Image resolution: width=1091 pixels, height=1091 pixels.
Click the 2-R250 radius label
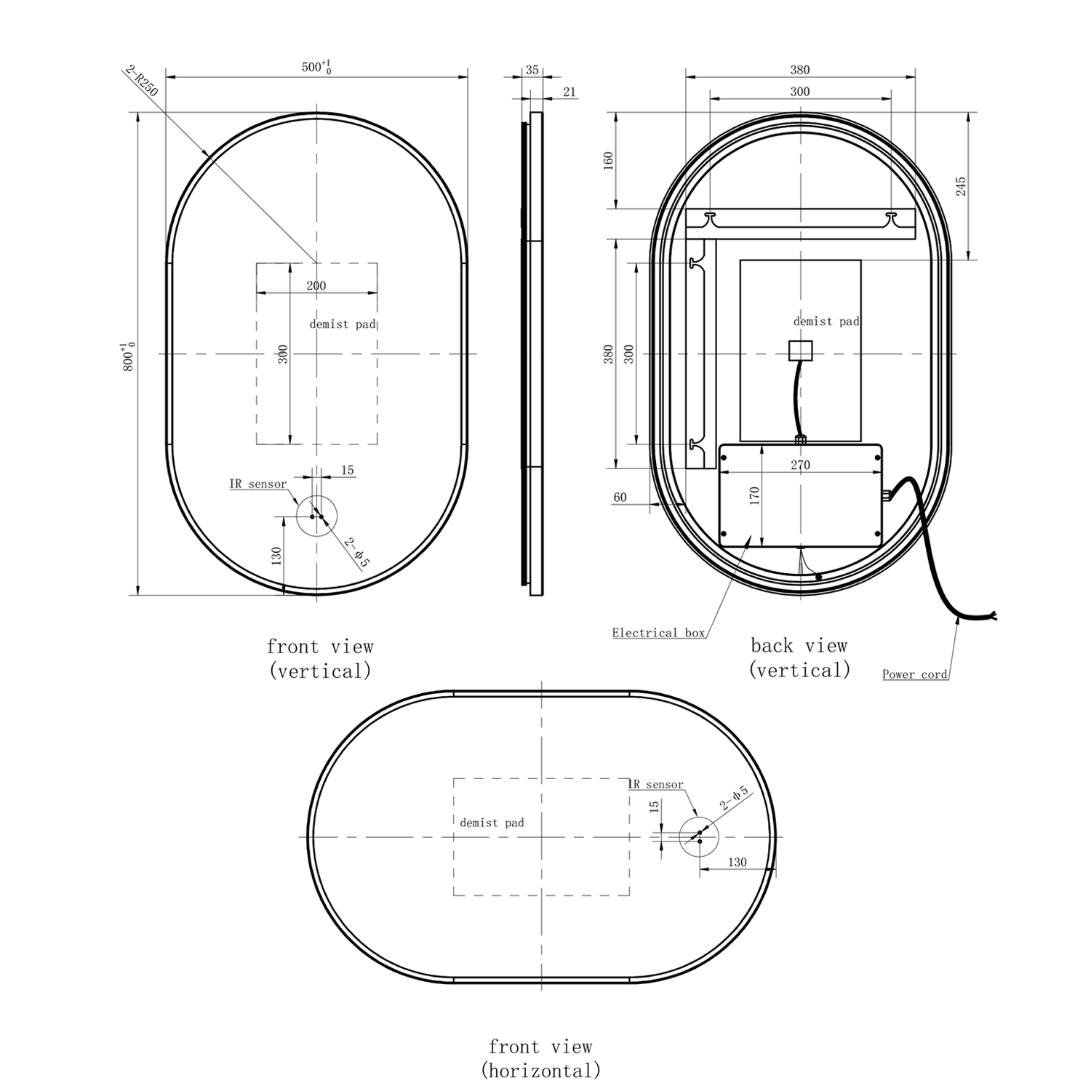tap(142, 81)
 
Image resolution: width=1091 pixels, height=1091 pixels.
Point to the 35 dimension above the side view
tap(532, 71)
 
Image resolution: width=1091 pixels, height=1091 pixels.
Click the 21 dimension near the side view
tap(569, 92)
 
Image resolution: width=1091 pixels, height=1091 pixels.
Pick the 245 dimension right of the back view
tap(961, 186)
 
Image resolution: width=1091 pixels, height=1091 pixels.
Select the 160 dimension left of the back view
tap(609, 161)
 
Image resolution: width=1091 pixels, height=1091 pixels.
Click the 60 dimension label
tap(620, 497)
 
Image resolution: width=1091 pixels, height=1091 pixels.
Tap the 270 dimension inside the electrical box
tap(800, 465)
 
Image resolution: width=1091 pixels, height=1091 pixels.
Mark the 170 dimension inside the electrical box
tap(754, 496)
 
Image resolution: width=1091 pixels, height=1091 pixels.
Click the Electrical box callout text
tap(658, 633)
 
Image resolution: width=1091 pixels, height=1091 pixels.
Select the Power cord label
tap(914, 674)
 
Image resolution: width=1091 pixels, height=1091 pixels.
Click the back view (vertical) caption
tap(799, 658)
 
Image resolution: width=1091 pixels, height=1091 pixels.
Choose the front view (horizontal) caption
tap(540, 1058)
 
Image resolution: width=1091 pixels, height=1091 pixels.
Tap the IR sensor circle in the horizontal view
tap(698, 836)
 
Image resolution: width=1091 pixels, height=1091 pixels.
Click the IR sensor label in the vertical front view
tap(257, 484)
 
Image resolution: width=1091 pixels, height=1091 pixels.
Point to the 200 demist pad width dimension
tap(316, 286)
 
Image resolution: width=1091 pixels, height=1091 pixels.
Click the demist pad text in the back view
tap(826, 321)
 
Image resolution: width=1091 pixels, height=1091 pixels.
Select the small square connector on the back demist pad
tap(800, 351)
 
